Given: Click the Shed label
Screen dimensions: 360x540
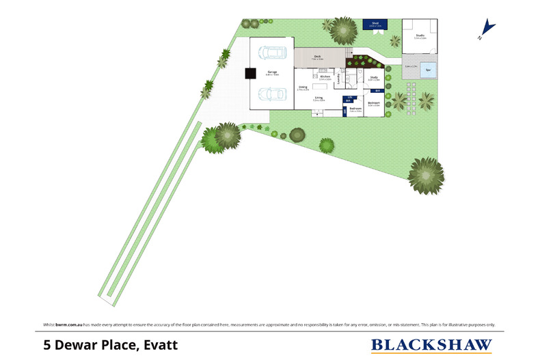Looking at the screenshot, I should click(x=375, y=23).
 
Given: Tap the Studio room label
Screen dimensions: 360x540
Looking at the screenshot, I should click(x=420, y=35).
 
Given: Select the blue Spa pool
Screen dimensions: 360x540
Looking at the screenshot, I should click(x=429, y=70).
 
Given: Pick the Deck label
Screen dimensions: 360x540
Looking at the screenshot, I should click(x=317, y=56).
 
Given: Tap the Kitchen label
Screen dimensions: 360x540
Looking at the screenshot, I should click(x=325, y=77).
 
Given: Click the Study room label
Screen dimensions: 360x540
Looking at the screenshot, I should click(x=374, y=77).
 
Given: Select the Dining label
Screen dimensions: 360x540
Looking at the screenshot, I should click(x=302, y=87).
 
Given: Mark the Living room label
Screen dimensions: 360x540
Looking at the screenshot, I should click(x=319, y=98).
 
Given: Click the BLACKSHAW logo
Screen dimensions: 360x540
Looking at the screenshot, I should click(x=431, y=345).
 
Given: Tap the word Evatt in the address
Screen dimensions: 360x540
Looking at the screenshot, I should click(x=159, y=345).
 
